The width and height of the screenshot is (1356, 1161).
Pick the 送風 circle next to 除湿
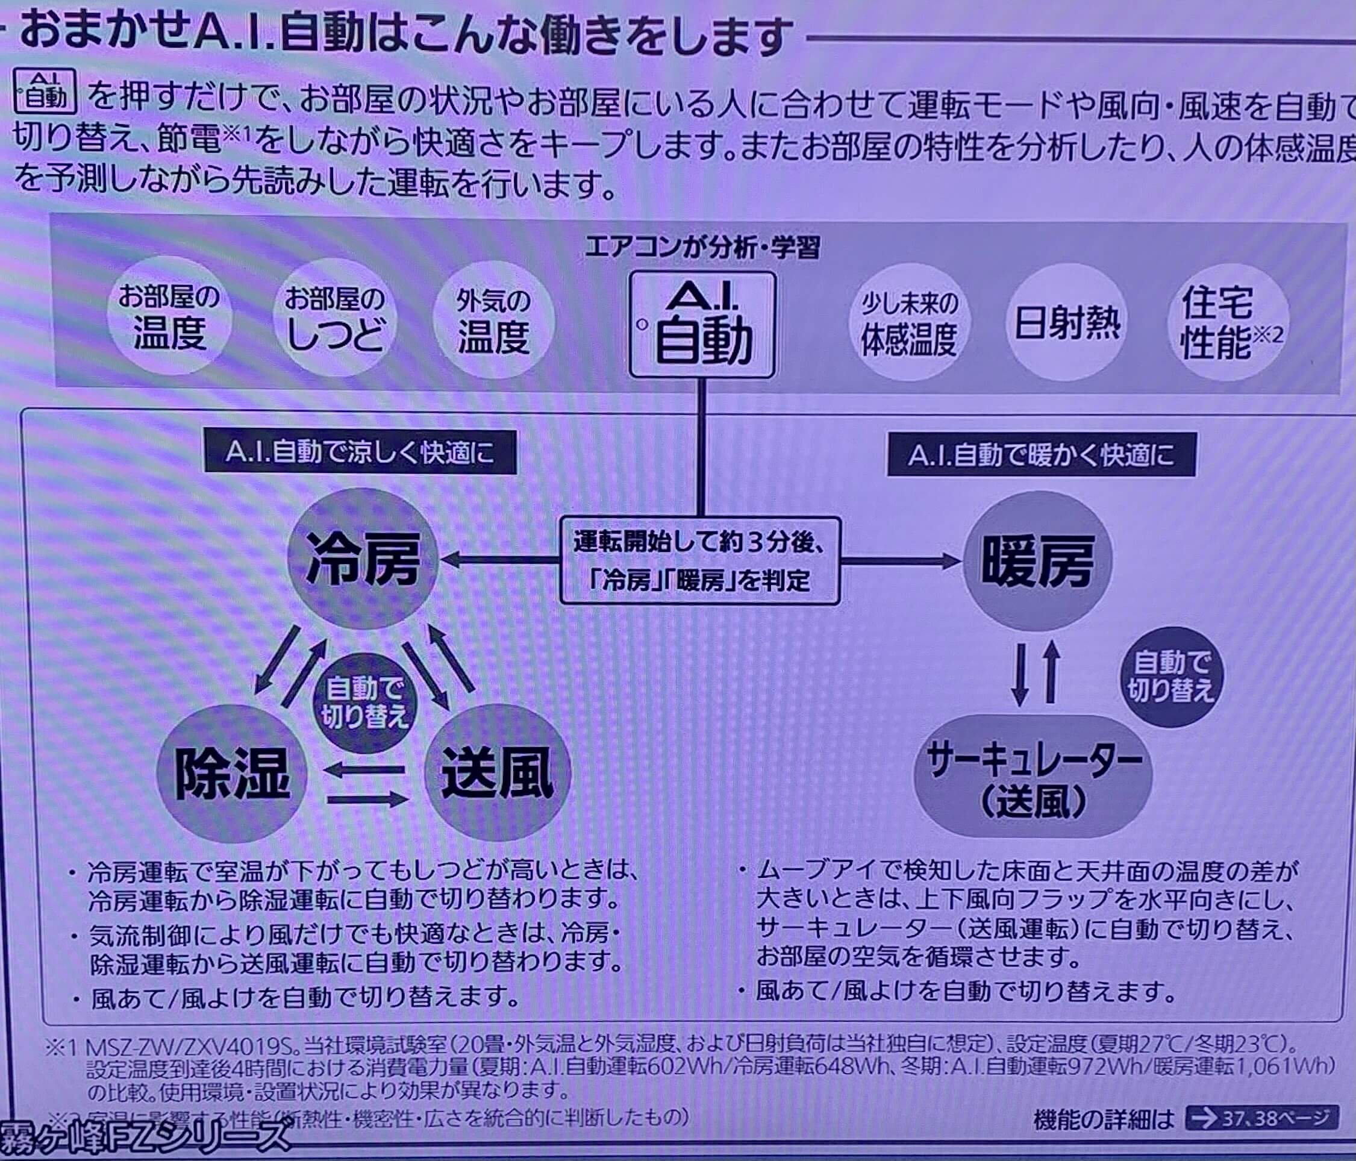click(498, 773)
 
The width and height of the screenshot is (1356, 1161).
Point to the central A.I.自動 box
click(702, 325)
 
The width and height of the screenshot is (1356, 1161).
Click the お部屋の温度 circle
click(169, 318)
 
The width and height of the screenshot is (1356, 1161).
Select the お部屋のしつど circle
click(334, 321)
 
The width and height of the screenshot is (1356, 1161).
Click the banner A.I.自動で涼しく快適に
click(360, 452)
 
